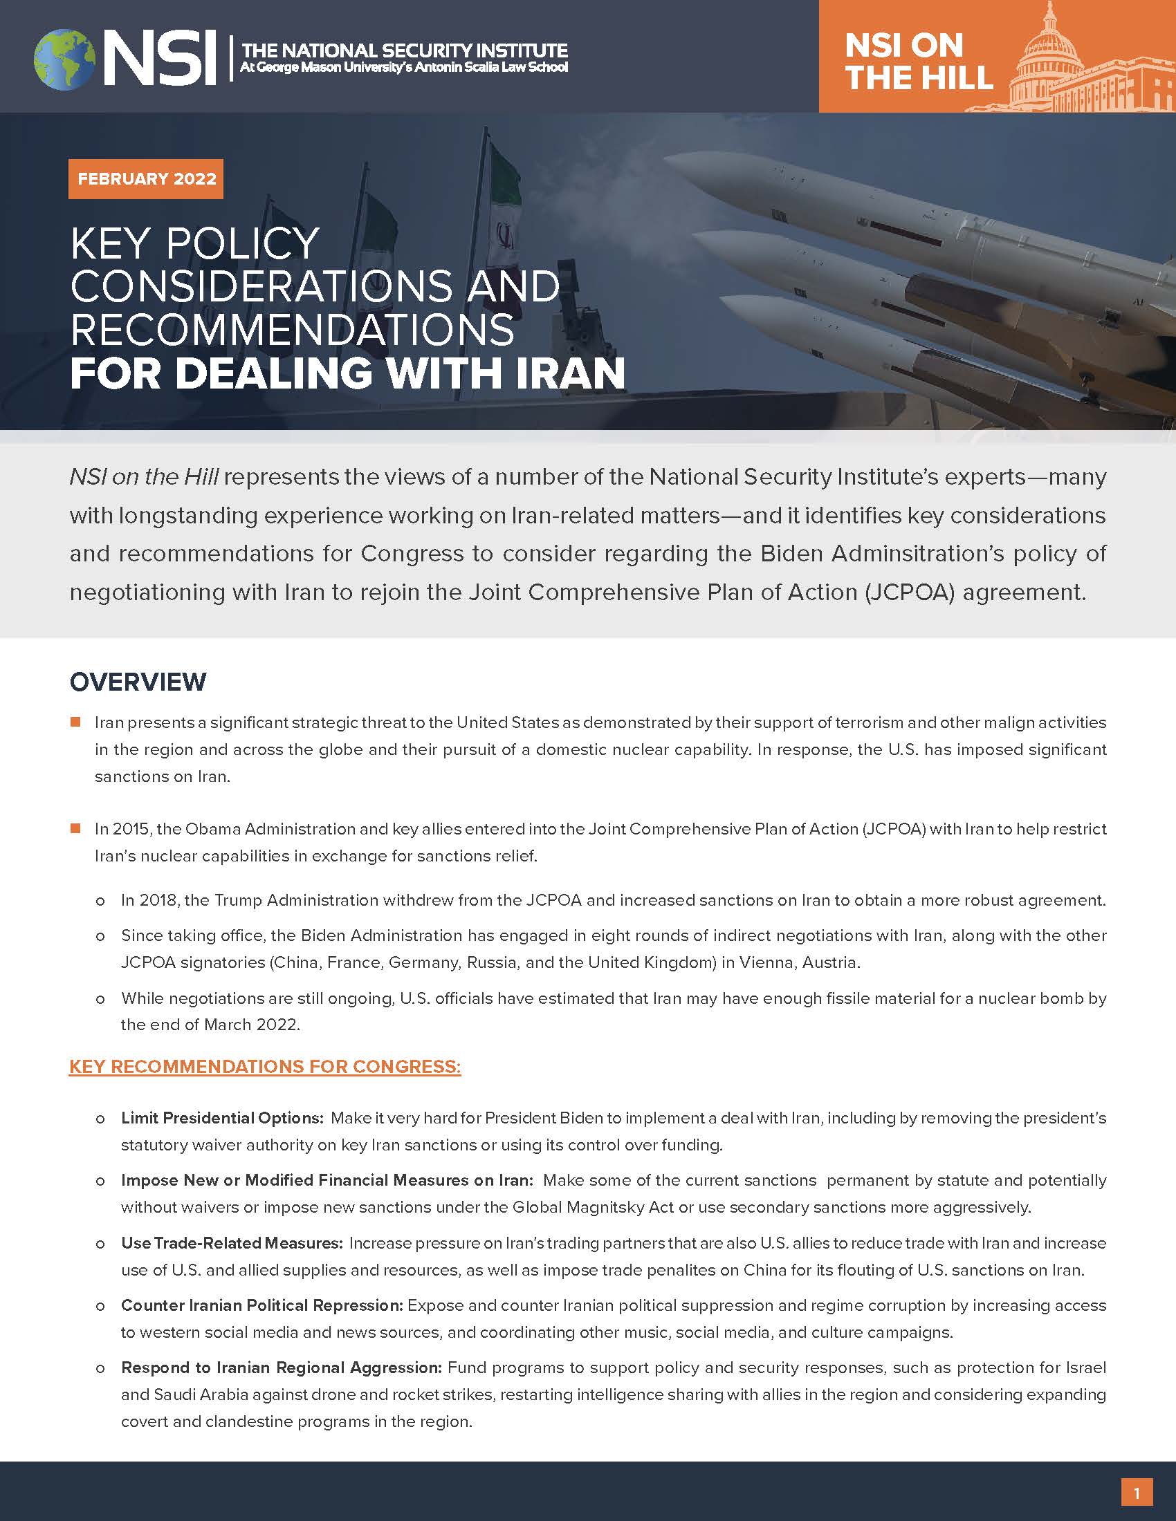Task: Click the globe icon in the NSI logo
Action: (x=65, y=59)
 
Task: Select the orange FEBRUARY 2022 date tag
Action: (x=146, y=179)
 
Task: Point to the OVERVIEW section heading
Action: (x=138, y=682)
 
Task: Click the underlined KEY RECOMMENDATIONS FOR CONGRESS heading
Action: (x=265, y=1067)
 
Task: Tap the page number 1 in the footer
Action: (x=1137, y=1493)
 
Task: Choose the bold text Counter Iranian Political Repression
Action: (x=262, y=1305)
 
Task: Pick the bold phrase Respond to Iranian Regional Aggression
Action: (x=282, y=1367)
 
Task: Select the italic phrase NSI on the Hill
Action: (x=144, y=477)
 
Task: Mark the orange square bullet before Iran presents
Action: (x=76, y=722)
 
